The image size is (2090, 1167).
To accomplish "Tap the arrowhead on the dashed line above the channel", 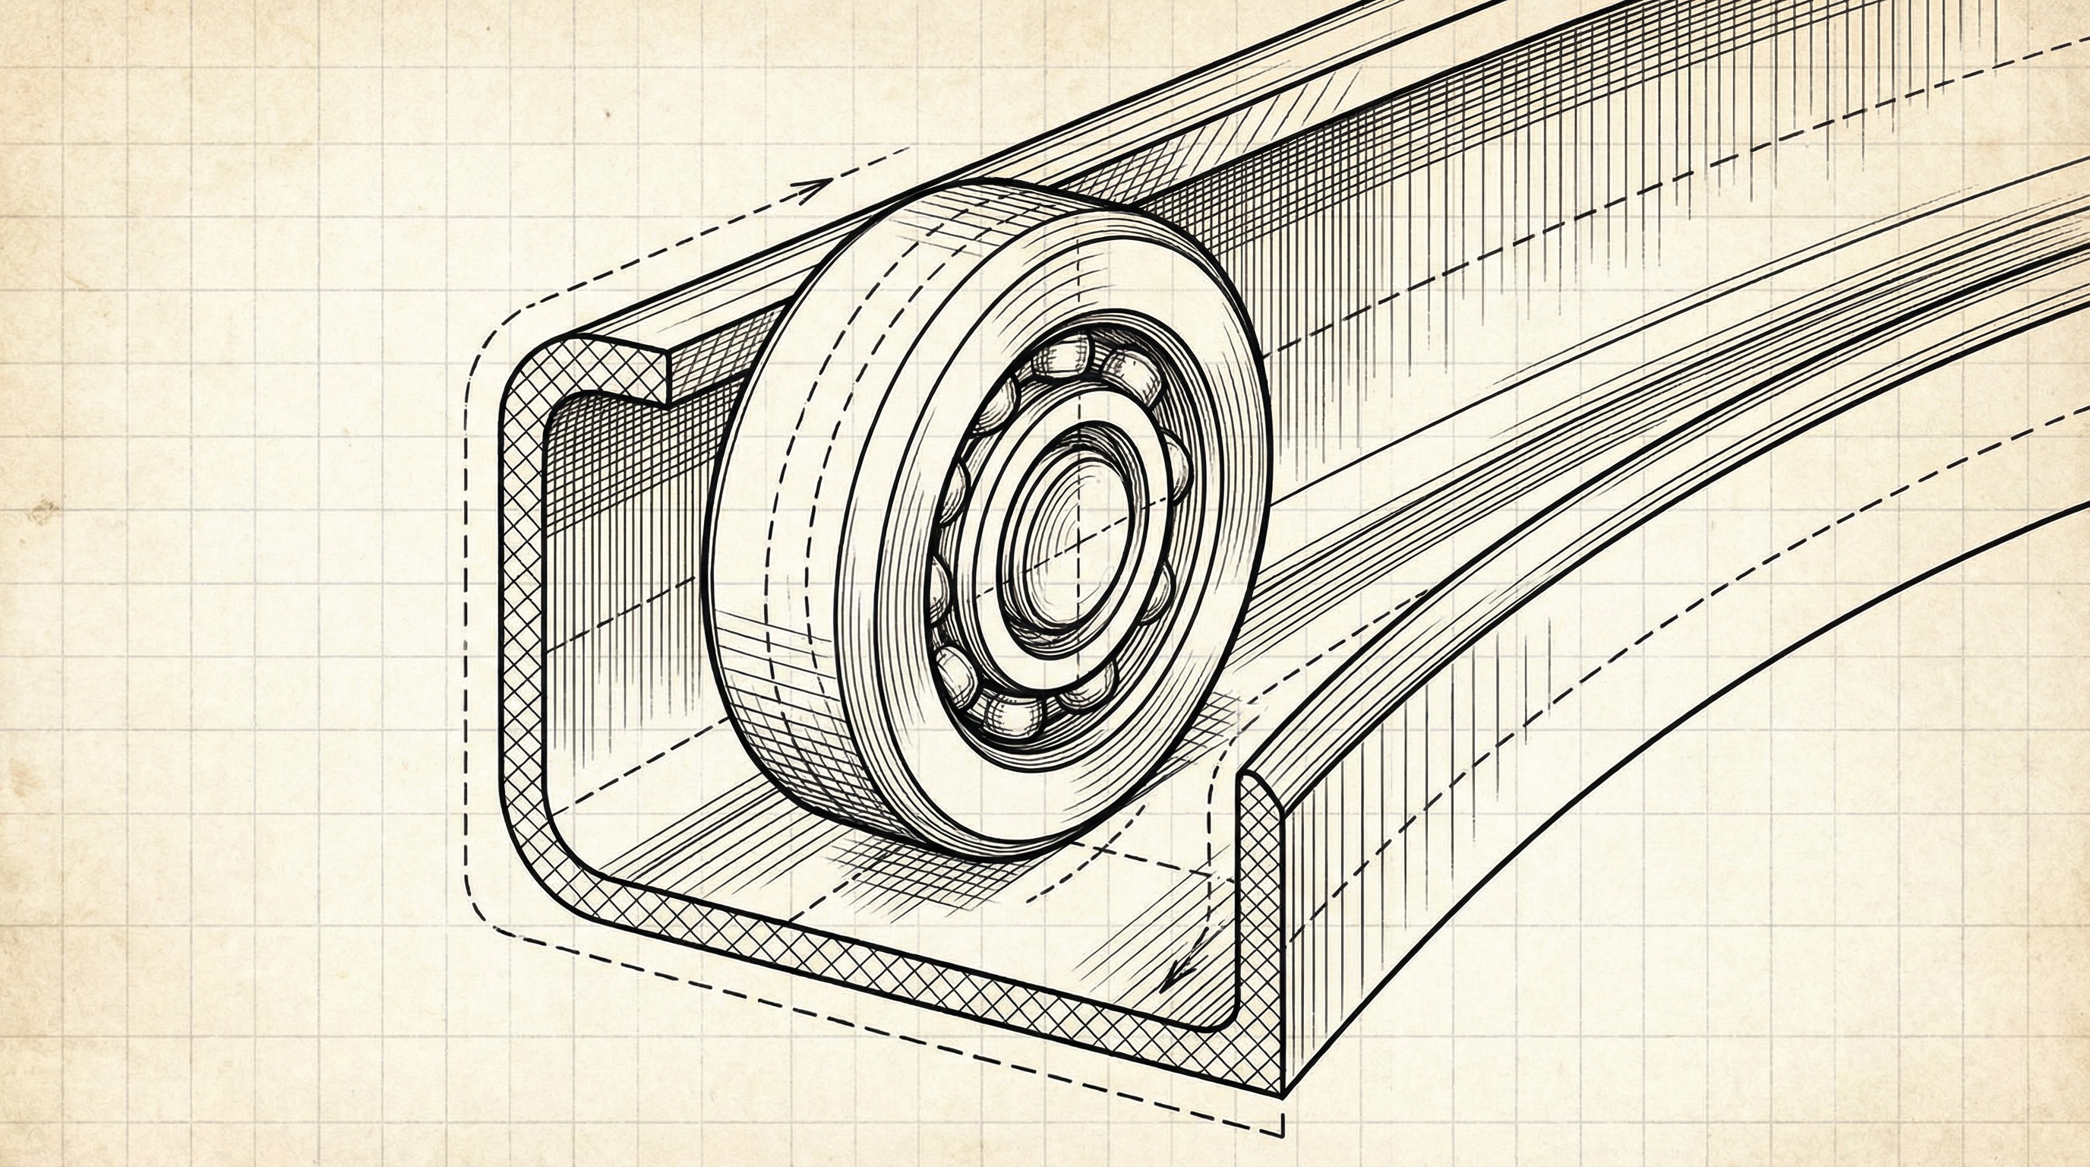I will (814, 190).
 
